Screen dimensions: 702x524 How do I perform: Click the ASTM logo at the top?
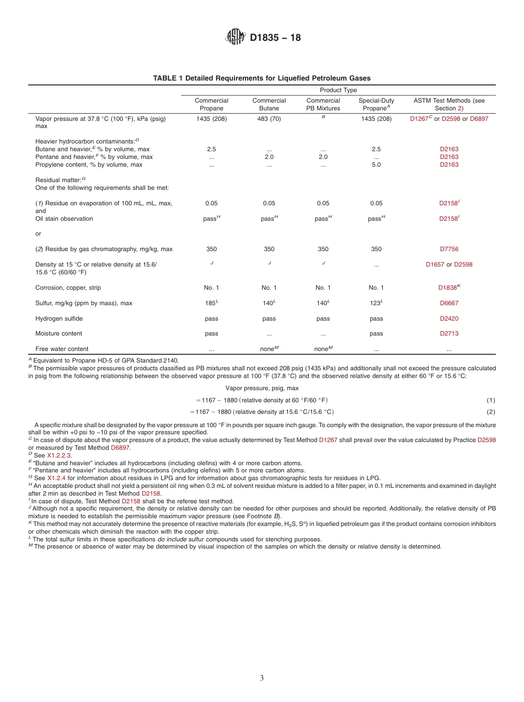coord(236,38)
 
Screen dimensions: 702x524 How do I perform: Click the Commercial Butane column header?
coord(269,104)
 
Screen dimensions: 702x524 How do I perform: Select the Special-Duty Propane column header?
coord(376,104)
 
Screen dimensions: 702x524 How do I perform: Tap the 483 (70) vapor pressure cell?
coord(269,119)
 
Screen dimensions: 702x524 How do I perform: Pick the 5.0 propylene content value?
coord(376,164)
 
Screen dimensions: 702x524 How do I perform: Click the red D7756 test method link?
coord(449,249)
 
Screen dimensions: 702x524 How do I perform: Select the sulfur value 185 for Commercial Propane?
coord(210,303)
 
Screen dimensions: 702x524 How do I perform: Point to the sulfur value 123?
coord(375,303)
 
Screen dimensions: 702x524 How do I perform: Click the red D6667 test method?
coord(449,303)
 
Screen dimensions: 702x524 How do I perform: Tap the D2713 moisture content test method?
coord(449,333)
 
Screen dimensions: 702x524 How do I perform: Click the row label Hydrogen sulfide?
coord(58,318)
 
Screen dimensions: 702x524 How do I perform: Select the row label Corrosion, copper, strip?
coord(68,288)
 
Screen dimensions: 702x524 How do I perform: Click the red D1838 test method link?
coord(447,288)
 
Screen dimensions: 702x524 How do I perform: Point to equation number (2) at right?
coord(490,412)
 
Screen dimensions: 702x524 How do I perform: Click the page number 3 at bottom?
coord(262,678)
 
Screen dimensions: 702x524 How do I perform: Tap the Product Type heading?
coord(338,90)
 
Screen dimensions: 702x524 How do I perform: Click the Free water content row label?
coord(62,349)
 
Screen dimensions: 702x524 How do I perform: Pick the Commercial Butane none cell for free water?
coord(268,349)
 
